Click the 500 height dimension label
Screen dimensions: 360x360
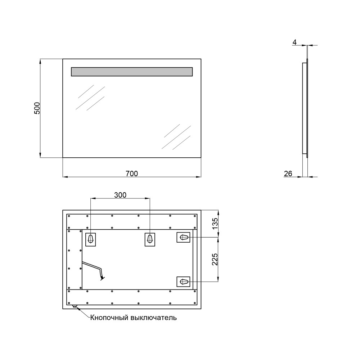coord(37,108)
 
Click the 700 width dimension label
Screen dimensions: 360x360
coord(132,174)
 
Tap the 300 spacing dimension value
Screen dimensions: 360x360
coord(120,195)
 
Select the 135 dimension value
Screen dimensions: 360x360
coord(215,224)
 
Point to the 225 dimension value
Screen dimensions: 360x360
coord(215,260)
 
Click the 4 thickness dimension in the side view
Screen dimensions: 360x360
coord(294,42)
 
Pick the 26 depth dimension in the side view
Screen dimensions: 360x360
coord(288,174)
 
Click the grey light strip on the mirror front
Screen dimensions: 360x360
coord(132,72)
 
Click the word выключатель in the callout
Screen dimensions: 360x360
coord(154,318)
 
